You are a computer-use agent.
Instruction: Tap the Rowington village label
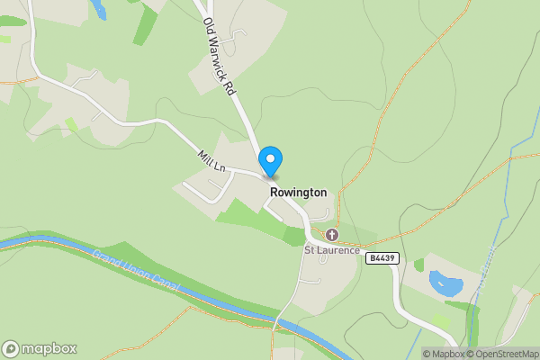pos(298,193)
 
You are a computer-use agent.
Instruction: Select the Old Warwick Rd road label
pos(218,58)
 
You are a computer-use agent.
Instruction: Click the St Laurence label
pos(332,249)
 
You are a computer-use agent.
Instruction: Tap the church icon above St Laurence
pos(332,235)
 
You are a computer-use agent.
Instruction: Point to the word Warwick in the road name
pos(218,58)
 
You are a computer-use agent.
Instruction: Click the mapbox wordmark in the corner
pos(49,349)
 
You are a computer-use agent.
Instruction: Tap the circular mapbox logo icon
pos(11,349)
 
